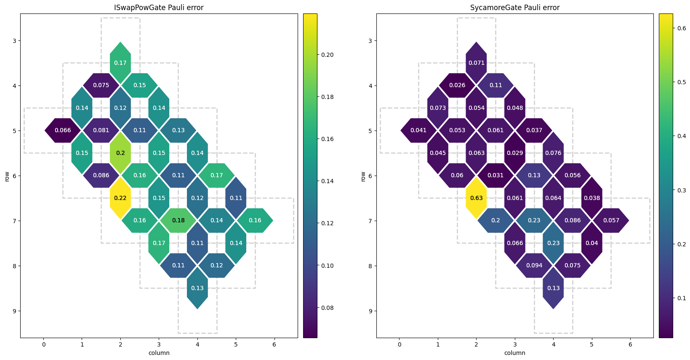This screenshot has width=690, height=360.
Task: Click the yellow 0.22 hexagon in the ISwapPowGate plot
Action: [120, 198]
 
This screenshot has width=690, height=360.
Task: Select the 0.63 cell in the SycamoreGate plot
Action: [476, 198]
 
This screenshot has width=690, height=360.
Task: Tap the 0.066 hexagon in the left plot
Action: [63, 131]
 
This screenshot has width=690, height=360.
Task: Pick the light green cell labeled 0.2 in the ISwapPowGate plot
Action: [120, 153]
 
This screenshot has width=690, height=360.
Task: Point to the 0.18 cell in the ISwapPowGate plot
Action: [178, 220]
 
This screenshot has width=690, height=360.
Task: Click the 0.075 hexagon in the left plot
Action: [101, 85]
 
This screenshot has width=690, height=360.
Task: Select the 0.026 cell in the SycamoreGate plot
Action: [457, 85]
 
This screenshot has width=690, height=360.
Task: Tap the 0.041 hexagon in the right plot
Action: [418, 131]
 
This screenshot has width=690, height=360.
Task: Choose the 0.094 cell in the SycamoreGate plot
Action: [534, 265]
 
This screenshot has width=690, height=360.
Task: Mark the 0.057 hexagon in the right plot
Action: [611, 220]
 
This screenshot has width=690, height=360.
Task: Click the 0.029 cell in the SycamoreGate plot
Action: [515, 153]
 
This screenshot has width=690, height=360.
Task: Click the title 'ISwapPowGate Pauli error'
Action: [159, 8]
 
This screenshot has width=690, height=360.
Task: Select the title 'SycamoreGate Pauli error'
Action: [515, 8]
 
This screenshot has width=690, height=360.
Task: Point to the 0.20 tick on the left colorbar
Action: [328, 55]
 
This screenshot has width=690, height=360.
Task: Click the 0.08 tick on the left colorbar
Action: [328, 308]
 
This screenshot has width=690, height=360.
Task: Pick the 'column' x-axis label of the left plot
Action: [159, 353]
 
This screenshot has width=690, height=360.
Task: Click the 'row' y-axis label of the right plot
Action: [363, 176]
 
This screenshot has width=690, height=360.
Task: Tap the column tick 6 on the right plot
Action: [630, 345]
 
